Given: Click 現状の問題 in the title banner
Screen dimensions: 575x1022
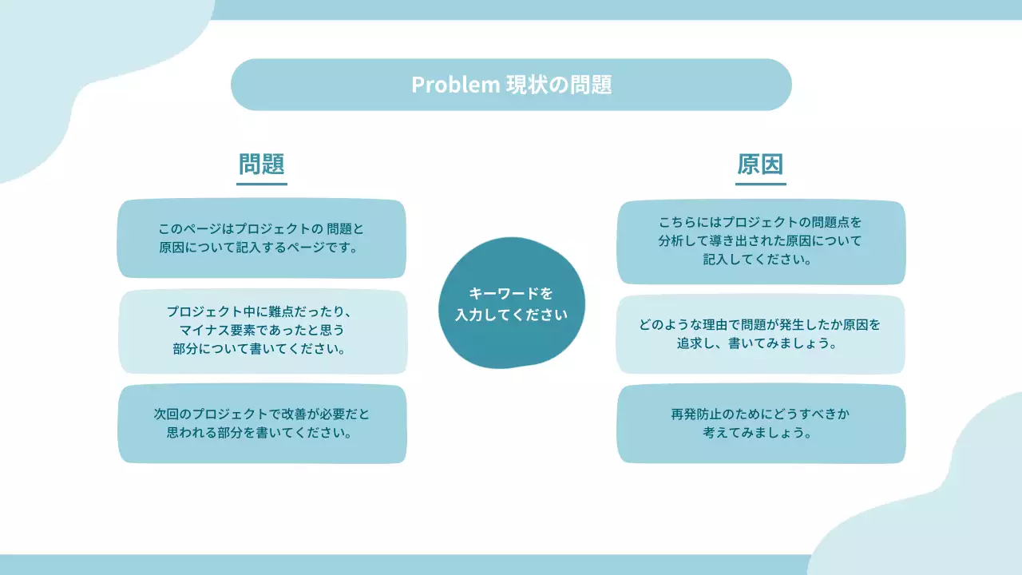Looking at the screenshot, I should coord(559,85).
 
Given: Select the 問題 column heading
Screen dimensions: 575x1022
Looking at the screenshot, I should coord(262,164).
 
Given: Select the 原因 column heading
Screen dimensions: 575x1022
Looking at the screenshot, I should coord(760,164).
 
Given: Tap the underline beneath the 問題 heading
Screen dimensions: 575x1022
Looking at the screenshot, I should coord(262,184).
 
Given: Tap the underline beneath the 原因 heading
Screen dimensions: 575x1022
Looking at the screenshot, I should coord(760,184).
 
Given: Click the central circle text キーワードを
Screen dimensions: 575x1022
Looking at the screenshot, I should coord(511,293).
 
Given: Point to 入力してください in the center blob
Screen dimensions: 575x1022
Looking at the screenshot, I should coord(511,315).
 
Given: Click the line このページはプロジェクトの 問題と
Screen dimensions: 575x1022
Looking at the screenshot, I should coord(262,229).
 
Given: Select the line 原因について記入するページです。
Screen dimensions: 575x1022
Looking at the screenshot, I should coord(262,248).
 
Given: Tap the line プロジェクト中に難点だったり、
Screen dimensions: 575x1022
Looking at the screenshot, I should coord(262,311).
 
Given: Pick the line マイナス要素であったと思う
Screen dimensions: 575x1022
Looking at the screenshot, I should coord(262,330).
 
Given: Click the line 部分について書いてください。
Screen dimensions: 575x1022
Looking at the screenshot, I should coord(262,349).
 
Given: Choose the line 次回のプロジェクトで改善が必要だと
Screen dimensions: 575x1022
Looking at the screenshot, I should coord(262,414).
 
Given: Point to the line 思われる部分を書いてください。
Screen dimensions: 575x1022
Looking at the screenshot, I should coord(262,434).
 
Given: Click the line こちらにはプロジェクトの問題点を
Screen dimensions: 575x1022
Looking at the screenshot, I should coord(761,221).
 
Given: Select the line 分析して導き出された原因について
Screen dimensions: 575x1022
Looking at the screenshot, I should coord(761,240).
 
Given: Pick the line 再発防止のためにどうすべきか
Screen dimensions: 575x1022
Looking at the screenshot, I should coord(761,414).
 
